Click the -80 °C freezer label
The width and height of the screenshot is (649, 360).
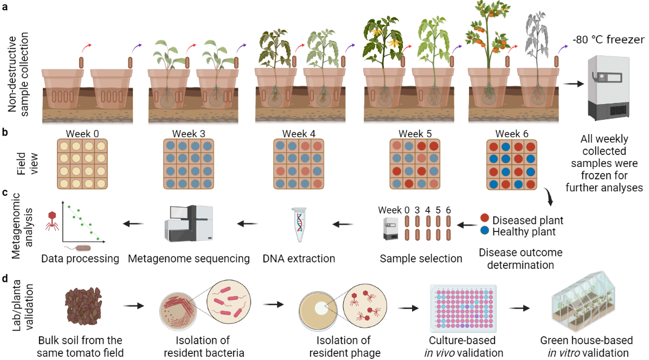point(609,40)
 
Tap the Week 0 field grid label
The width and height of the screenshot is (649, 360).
point(81,133)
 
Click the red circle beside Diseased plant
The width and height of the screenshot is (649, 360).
point(485,220)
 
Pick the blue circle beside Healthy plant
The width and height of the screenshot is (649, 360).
point(485,230)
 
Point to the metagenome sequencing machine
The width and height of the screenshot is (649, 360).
point(189,223)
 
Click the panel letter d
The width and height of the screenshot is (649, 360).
point(5,280)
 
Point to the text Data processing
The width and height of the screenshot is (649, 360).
point(80,259)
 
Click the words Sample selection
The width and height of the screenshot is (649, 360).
point(421,259)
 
